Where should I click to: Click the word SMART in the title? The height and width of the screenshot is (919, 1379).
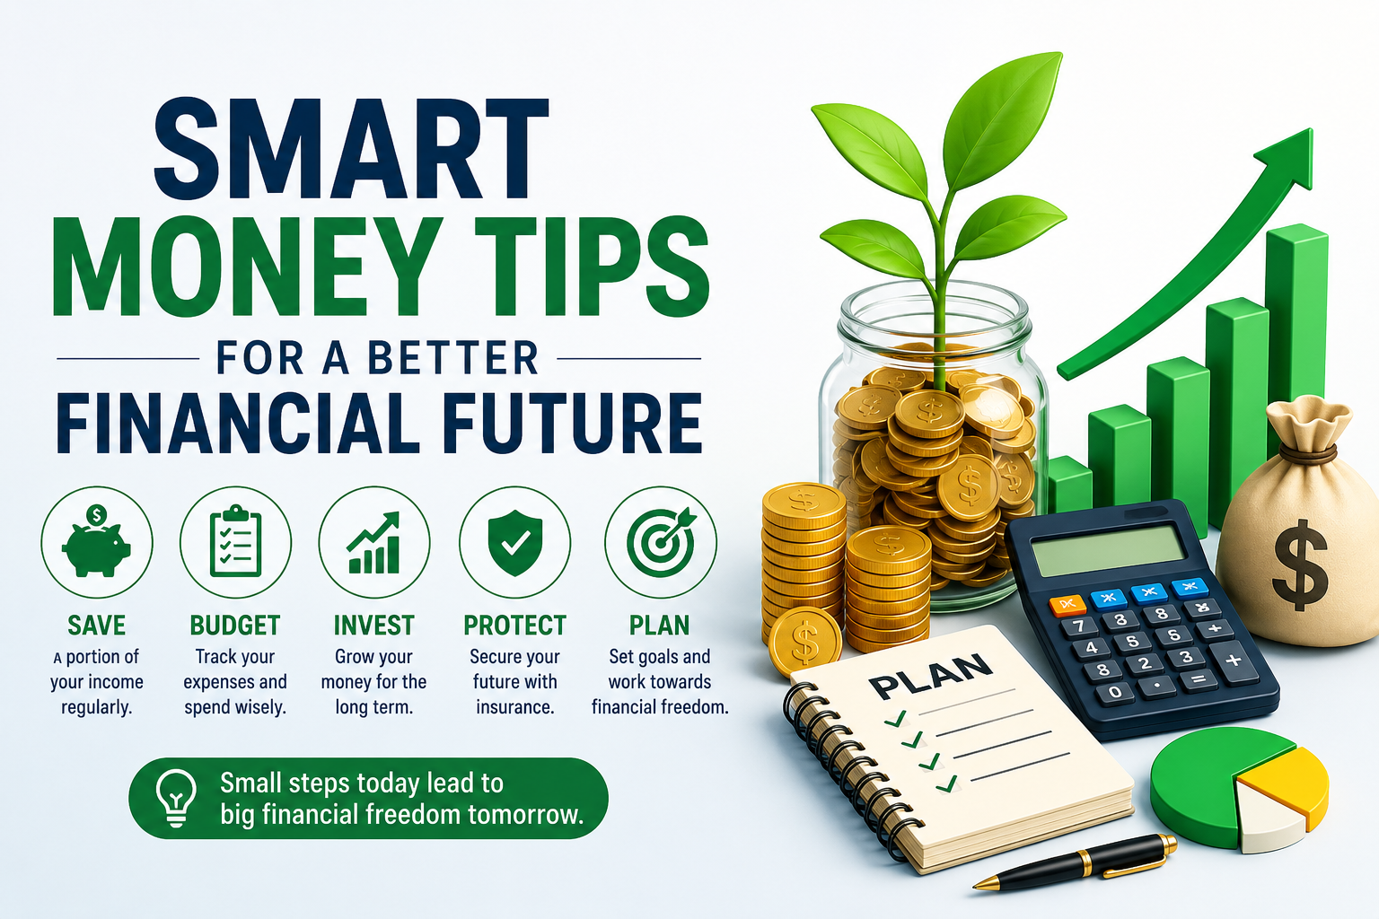tap(351, 148)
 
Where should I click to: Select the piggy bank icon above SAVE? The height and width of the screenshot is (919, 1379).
tap(97, 541)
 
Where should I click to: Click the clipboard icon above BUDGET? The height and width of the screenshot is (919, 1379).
tap(235, 541)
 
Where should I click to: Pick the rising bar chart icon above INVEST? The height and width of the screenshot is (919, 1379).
tap(373, 542)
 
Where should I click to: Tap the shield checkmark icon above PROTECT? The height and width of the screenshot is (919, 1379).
tap(514, 542)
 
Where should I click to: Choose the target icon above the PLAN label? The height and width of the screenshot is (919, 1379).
tap(661, 541)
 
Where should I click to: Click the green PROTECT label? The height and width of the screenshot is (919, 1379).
tap(514, 626)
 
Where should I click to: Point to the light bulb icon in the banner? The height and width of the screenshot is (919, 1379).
tap(176, 798)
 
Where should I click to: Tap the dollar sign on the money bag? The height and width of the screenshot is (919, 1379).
tap(1300, 565)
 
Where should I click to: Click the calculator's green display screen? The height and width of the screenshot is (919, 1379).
tap(1108, 550)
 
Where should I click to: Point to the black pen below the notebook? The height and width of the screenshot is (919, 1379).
tap(1075, 862)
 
